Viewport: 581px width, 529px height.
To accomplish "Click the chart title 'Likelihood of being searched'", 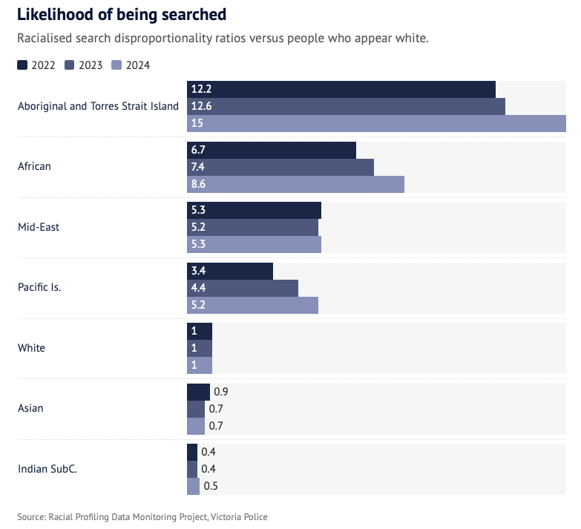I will coord(122,15).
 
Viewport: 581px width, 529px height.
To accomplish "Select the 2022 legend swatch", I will coord(22,65).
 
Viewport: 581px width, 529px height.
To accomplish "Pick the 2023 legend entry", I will coord(83,65).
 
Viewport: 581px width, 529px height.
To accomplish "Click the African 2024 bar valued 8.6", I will coord(295,184).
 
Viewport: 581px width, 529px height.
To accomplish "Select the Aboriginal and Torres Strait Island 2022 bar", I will coord(341,89).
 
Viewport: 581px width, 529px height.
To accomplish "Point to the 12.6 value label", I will coord(202,106).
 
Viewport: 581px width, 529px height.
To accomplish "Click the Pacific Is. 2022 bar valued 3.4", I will coord(230,271).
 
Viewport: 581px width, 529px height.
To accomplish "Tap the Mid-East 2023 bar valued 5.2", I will coord(252,227).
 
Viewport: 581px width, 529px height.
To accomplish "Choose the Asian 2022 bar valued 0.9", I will coord(198,392).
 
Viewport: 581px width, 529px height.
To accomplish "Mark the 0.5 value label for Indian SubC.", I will coord(211,487).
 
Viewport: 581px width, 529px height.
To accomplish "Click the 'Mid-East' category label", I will coord(39,227).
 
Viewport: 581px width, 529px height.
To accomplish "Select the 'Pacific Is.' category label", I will coord(39,287).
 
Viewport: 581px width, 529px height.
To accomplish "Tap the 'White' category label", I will coord(30,348).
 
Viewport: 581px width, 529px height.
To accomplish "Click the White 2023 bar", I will coord(200,348).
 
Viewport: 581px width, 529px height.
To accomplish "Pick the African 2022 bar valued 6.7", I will coord(272,150).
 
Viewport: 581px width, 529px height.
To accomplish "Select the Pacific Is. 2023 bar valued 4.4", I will coord(243,288).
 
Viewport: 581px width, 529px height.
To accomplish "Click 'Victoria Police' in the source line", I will coord(240,516).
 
